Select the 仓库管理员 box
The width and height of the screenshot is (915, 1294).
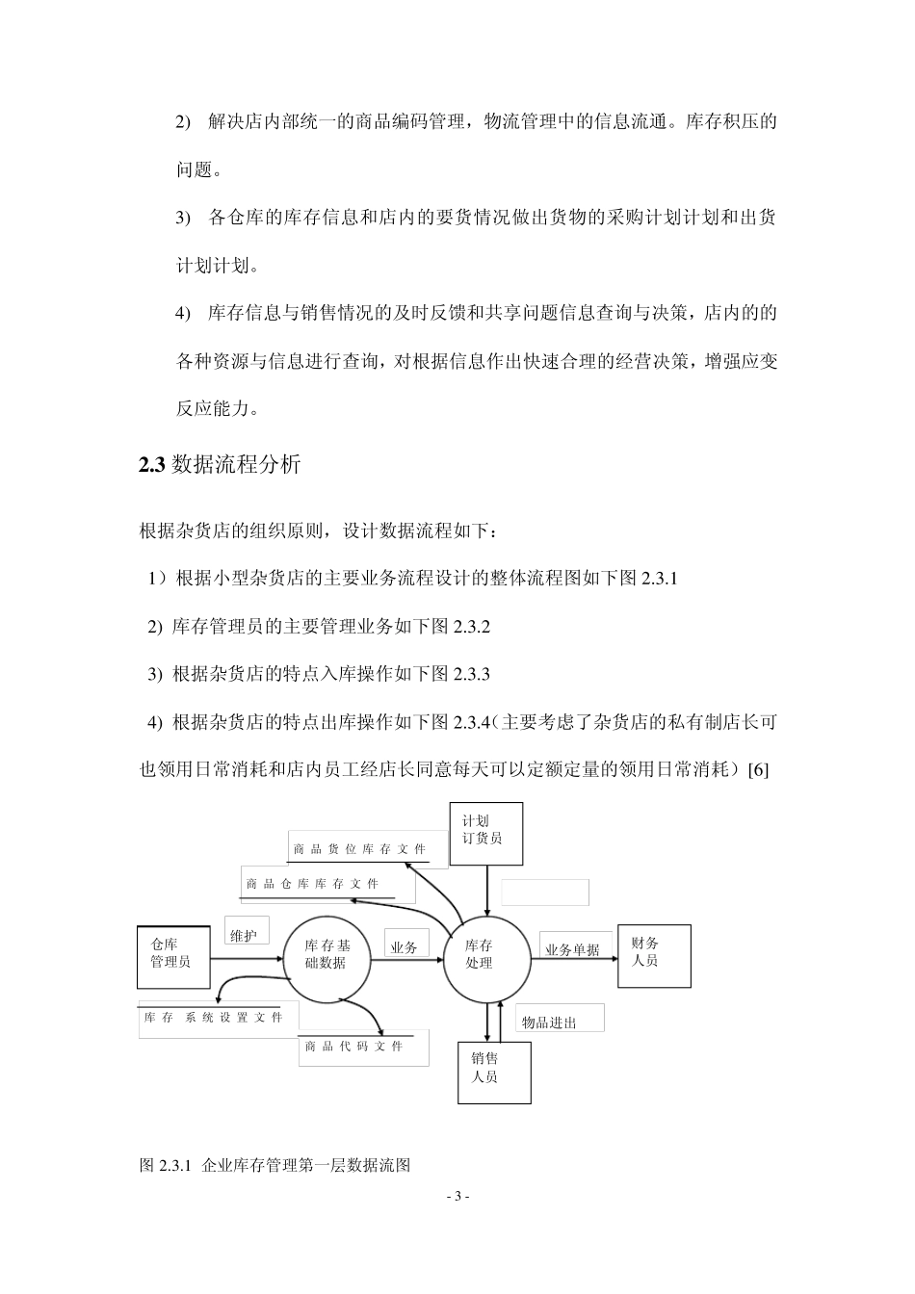(x=173, y=955)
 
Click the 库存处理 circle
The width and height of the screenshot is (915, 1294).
(x=485, y=956)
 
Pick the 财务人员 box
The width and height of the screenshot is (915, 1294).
(x=654, y=952)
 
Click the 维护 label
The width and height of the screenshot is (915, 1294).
(x=246, y=935)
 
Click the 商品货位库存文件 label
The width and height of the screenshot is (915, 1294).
(x=359, y=849)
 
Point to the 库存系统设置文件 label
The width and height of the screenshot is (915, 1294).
(x=214, y=1018)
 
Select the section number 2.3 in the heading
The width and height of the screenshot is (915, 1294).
(x=153, y=465)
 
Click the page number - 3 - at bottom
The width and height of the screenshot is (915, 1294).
(x=457, y=1197)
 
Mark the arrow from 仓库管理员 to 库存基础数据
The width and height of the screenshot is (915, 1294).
(x=247, y=958)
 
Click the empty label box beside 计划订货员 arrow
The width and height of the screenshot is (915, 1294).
(x=545, y=893)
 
